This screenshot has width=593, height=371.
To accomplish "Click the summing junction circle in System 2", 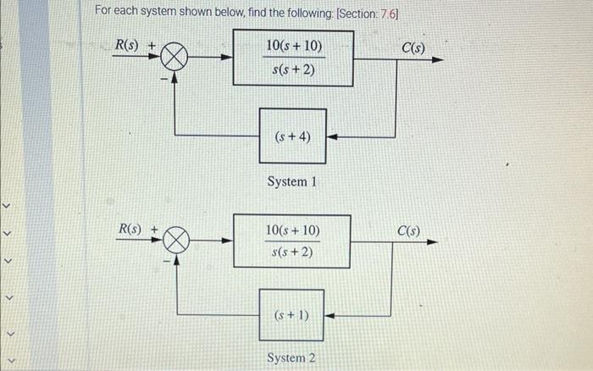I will coord(175,241).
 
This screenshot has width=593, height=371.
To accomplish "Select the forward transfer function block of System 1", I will coord(293,58).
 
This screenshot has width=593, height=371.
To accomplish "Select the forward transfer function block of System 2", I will coord(292,241).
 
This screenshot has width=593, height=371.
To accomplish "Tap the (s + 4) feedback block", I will coord(292,135).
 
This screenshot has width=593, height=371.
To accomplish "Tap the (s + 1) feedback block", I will coord(292,315).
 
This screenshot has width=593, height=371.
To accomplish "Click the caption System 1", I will coord(291,181).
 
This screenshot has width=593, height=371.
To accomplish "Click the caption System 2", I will coord(291,358).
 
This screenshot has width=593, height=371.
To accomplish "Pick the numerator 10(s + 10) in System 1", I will coord(293,45).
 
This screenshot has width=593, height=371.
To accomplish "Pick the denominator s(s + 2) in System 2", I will coord(292,252).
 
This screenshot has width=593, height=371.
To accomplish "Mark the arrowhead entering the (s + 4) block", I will coord(332,136).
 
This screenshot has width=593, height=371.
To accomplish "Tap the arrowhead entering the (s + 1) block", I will coord(330,316).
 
